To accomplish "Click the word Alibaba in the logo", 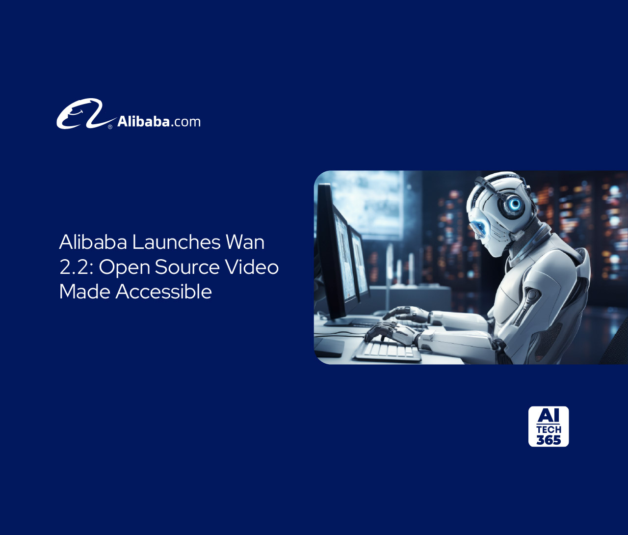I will pyautogui.click(x=143, y=122).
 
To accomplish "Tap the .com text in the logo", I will pyautogui.click(x=186, y=122).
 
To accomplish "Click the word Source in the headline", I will pyautogui.click(x=187, y=267).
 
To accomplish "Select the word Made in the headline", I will pyautogui.click(x=84, y=292).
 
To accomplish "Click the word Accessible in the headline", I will pyautogui.click(x=164, y=292).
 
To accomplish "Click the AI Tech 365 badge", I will pyautogui.click(x=549, y=426).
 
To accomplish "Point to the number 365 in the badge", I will pyautogui.click(x=549, y=440).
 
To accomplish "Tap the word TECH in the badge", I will pyautogui.click(x=549, y=429).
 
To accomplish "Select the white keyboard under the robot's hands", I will pyautogui.click(x=388, y=349).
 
